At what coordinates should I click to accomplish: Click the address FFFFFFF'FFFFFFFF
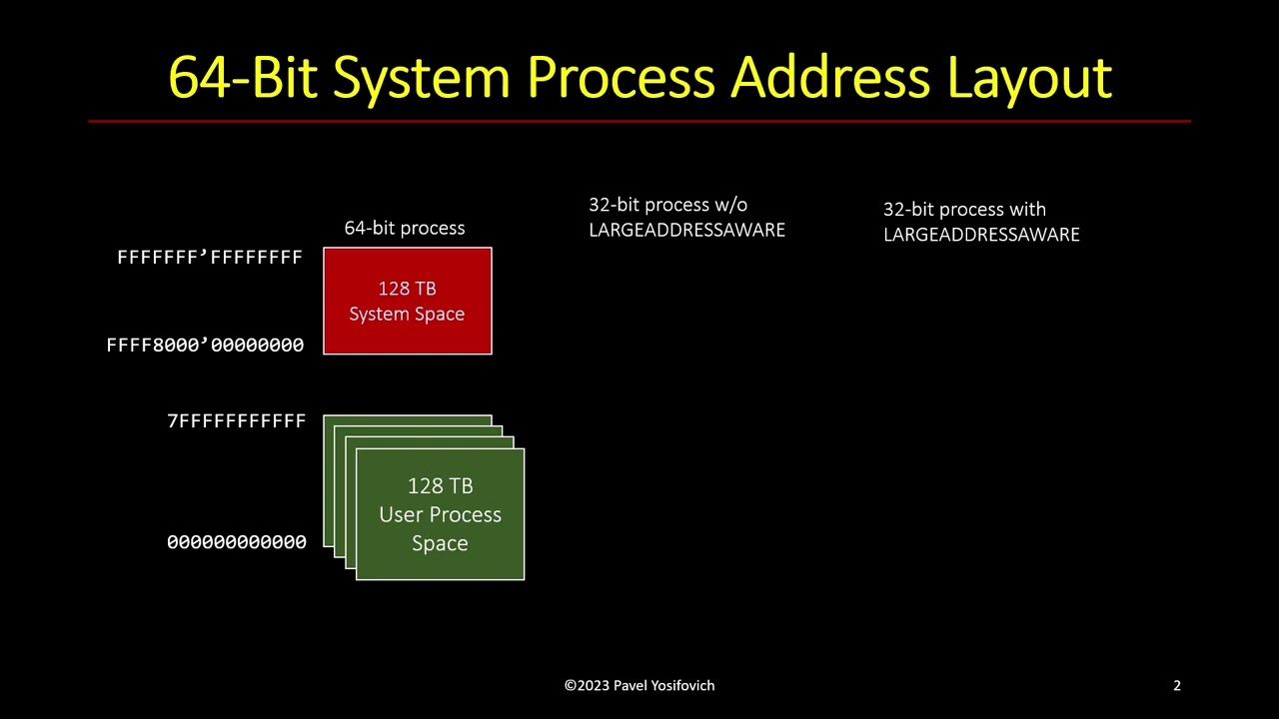pos(210,258)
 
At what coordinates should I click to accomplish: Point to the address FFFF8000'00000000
pos(205,345)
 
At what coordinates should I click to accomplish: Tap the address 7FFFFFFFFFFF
pos(237,421)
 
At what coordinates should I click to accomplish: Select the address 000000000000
pos(237,542)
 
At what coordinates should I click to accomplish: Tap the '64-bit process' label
pos(405,228)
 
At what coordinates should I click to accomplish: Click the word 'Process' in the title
pos(621,77)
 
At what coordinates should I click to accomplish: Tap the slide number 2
pos(1177,685)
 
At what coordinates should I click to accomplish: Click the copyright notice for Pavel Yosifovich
pos(639,685)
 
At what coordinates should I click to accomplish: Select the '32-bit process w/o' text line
pos(667,205)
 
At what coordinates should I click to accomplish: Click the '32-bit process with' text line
pos(964,210)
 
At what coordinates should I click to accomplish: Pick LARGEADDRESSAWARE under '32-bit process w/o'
pos(686,230)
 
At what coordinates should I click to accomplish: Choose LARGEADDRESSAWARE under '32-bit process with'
pos(981,235)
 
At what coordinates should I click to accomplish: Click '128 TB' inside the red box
pos(407,289)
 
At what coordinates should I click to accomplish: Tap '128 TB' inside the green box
pos(440,486)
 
